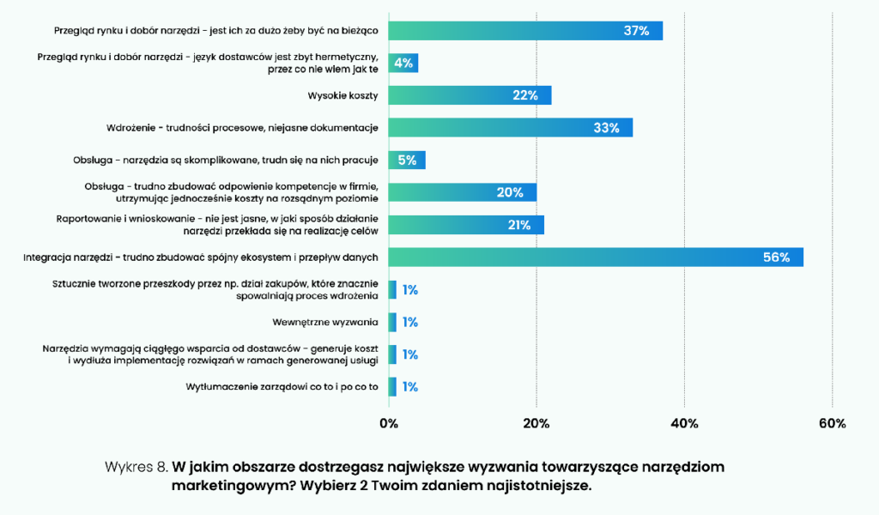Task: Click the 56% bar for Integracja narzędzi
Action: point(596,257)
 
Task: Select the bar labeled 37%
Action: point(525,31)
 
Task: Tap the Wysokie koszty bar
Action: point(470,95)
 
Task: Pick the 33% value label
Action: point(606,128)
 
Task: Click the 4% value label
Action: point(403,64)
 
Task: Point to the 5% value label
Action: point(407,160)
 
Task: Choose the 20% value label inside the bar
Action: point(510,192)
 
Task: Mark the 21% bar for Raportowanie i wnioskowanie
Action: point(466,225)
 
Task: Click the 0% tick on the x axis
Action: point(389,423)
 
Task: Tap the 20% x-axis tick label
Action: point(536,423)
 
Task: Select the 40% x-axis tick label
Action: point(684,423)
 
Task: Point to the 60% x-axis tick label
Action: point(832,423)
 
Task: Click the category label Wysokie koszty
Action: point(343,95)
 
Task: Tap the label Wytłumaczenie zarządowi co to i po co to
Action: point(282,386)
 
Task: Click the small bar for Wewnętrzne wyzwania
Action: point(392,322)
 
